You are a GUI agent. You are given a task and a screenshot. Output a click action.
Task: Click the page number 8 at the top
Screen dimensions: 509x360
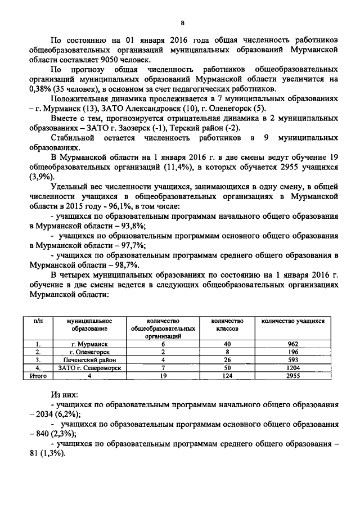[x=182, y=22]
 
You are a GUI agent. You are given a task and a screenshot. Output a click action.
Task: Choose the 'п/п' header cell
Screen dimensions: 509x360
[x=37, y=321]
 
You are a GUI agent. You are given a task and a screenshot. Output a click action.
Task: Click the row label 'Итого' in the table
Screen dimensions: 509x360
[x=37, y=376]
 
